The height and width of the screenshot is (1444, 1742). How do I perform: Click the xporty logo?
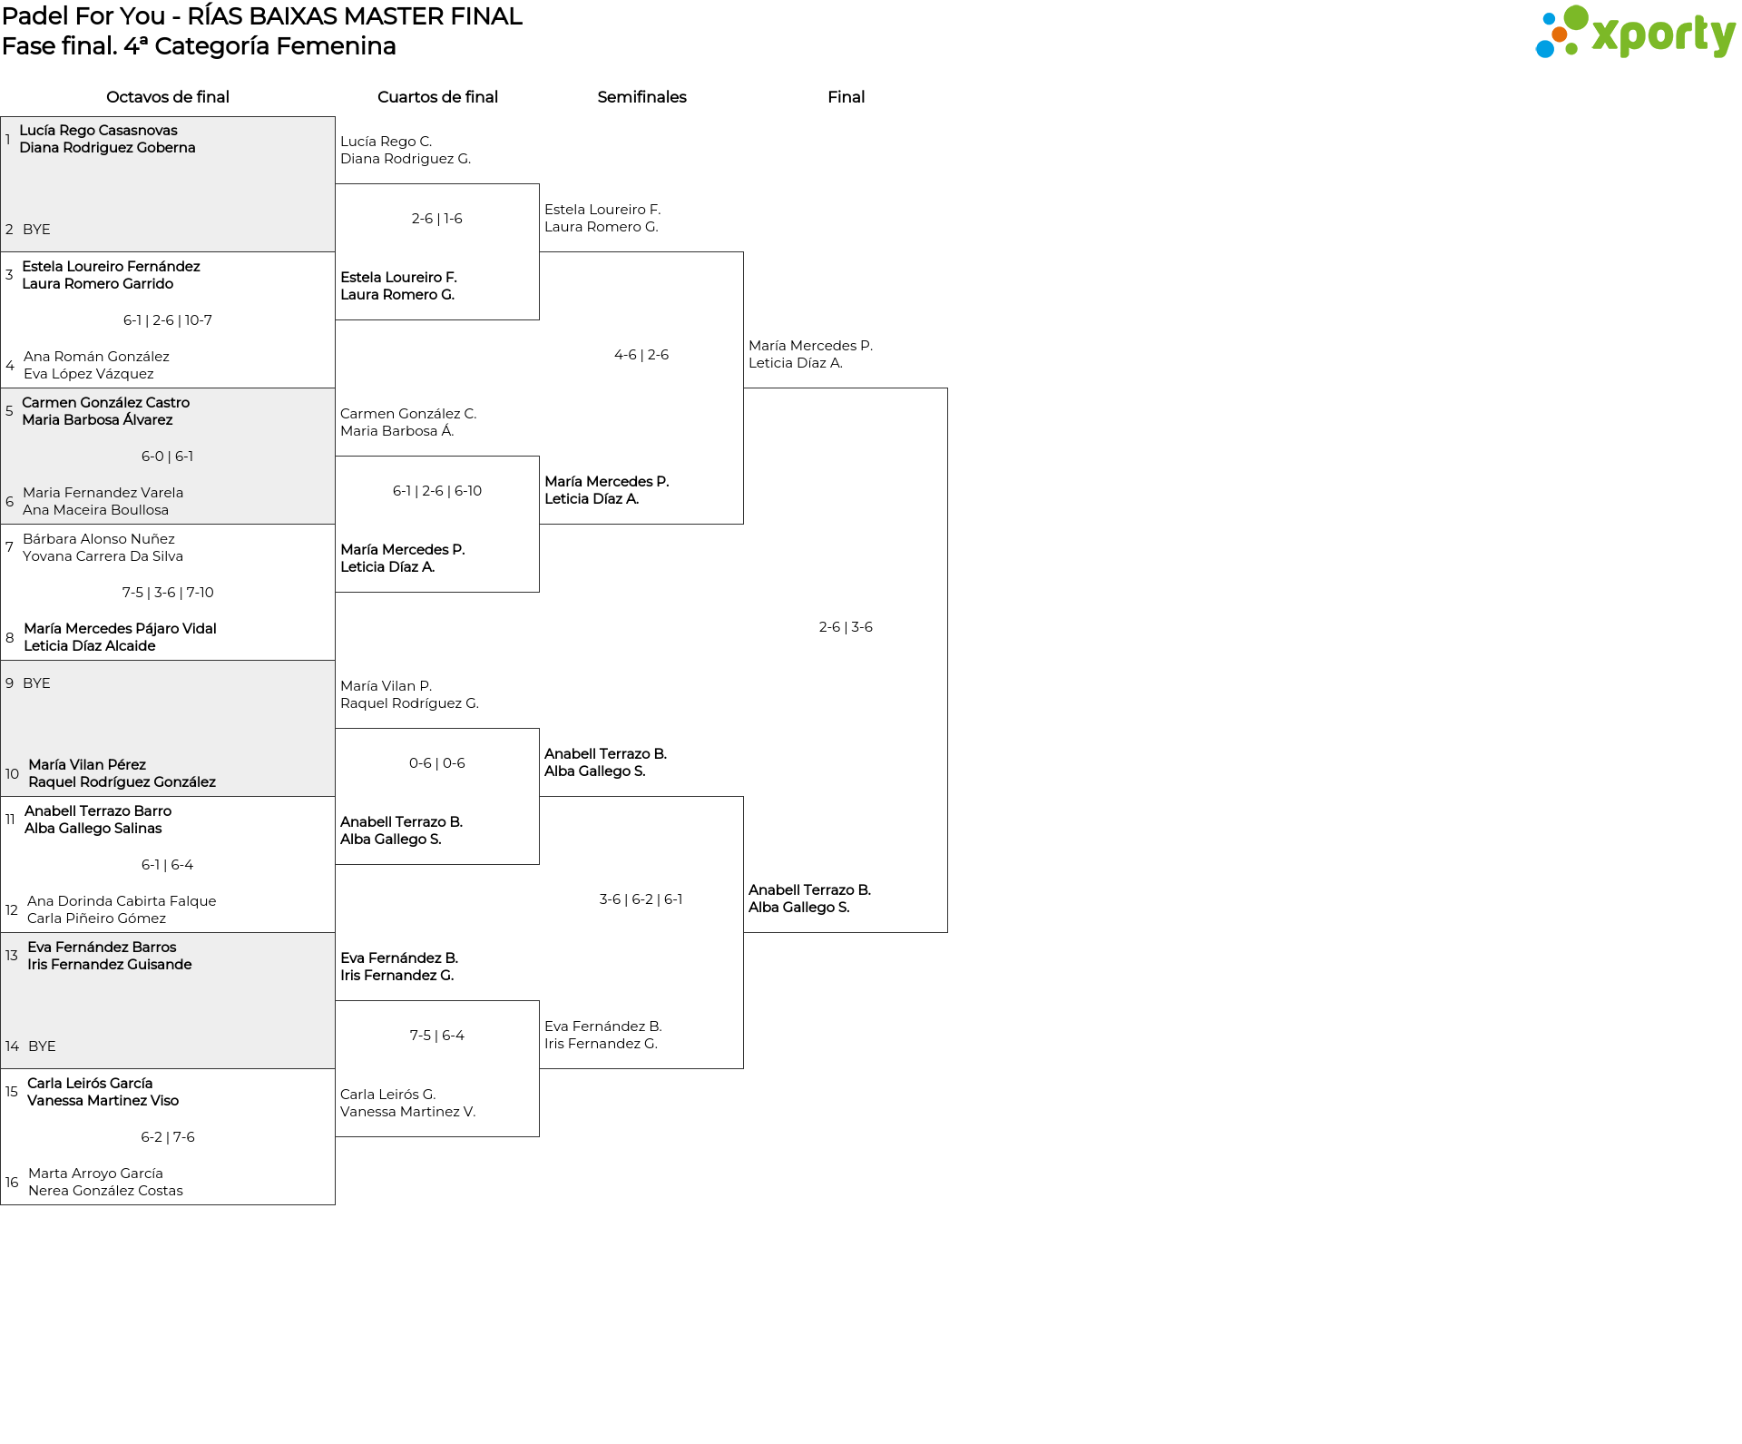[1635, 33]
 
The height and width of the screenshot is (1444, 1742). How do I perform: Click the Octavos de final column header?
[168, 97]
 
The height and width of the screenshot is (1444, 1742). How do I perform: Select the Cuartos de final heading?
[437, 97]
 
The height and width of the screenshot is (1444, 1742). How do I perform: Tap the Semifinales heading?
[641, 97]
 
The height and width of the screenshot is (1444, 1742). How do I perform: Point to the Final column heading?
[846, 97]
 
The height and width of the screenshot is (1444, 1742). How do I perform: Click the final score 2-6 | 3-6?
[846, 627]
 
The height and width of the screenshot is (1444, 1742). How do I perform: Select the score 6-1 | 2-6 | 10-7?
[168, 320]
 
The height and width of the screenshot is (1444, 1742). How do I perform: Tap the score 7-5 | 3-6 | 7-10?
[168, 593]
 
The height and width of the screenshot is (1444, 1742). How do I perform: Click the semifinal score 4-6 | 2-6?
[641, 355]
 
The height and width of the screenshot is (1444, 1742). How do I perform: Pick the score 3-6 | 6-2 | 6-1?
[641, 899]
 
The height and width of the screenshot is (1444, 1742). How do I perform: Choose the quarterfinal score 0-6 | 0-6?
[437, 763]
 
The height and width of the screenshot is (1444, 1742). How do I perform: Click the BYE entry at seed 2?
[36, 230]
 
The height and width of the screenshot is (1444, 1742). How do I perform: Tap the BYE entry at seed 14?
[42, 1046]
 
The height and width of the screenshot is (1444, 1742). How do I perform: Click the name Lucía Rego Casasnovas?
[98, 131]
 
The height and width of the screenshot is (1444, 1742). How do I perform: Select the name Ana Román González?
[96, 357]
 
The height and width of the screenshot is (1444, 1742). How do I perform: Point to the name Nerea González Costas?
[105, 1191]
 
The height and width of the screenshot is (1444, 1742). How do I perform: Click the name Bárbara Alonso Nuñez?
[99, 539]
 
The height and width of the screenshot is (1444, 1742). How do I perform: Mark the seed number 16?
[12, 1183]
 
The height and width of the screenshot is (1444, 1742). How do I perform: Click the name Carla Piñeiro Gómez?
[96, 918]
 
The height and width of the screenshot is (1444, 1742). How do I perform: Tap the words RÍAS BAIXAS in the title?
[263, 16]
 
